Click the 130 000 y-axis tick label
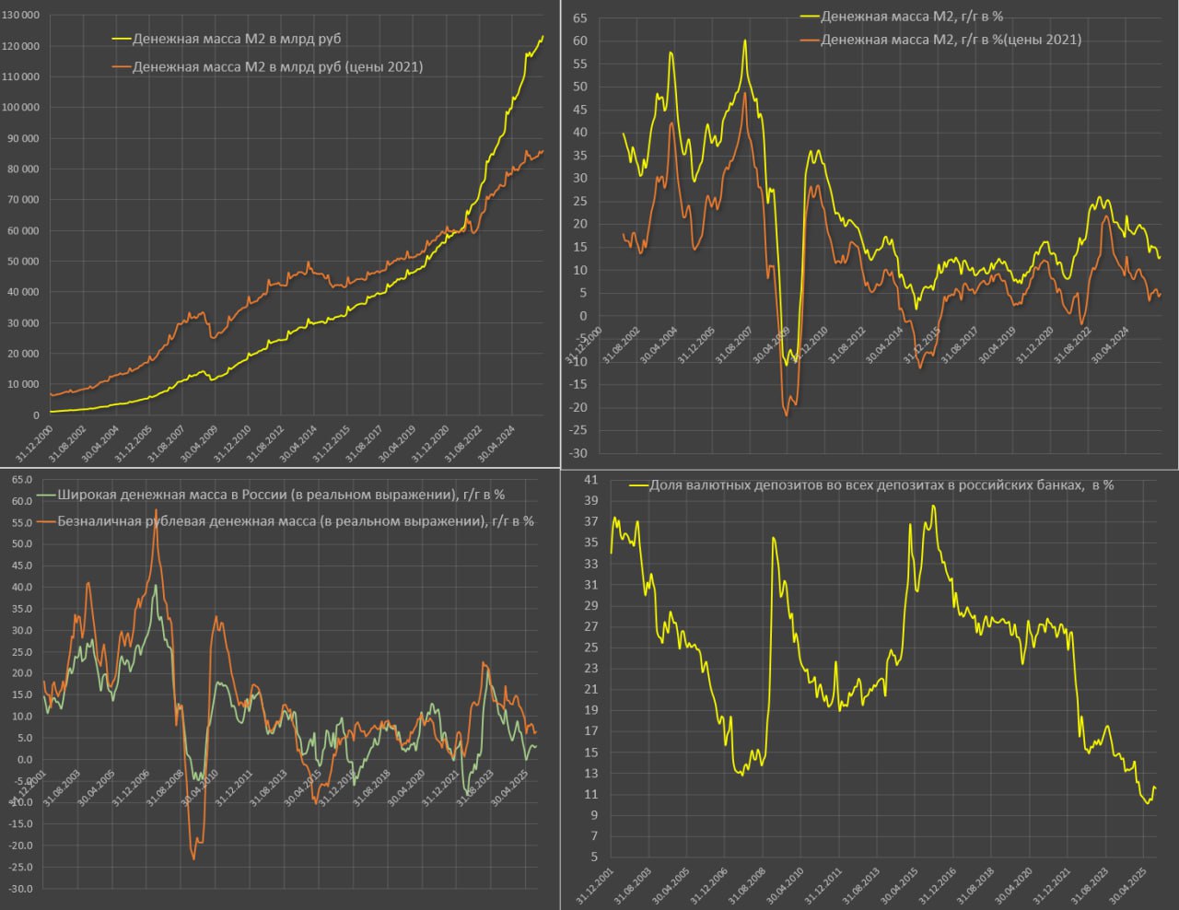point(20,16)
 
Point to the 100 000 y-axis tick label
point(20,108)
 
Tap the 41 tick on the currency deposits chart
point(590,480)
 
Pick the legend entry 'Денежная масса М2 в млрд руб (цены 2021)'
point(277,66)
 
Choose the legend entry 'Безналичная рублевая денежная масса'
point(295,520)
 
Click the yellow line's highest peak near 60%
point(744,41)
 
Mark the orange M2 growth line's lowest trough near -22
point(787,415)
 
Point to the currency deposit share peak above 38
point(933,506)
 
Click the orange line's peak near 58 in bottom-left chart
point(156,510)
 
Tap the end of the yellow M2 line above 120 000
point(543,36)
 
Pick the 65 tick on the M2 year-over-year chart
point(580,17)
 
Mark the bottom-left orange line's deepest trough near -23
point(193,858)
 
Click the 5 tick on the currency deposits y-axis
point(593,857)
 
